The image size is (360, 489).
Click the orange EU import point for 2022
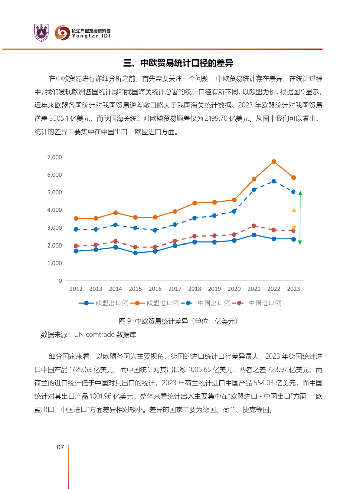coord(274,161)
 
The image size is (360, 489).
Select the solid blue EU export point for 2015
coord(135,253)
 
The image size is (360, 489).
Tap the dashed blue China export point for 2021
coord(254,190)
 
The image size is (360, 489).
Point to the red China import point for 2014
coord(115,241)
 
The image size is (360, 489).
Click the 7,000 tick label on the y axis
coord(55,157)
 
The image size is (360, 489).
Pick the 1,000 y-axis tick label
coord(55,263)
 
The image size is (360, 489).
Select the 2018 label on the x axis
coord(195,289)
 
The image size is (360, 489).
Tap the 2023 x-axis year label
coord(293,289)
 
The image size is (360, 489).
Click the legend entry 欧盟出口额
coord(103,303)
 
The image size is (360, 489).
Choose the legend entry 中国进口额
coord(256,303)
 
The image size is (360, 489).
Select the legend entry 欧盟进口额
coord(154,303)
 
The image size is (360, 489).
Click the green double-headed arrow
coord(300,218)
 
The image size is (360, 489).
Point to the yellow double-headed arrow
coord(294,219)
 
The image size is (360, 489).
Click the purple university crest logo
coord(41,33)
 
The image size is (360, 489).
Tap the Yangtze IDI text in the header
coord(91,36)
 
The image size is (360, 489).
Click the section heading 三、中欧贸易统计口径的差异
coord(178,63)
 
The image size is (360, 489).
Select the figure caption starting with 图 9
coord(178,321)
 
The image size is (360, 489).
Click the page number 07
coord(60,447)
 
